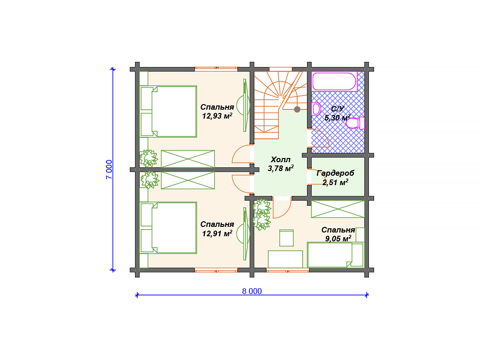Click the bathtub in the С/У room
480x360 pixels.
[335, 82]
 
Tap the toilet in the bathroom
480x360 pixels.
[355, 123]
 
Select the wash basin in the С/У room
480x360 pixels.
[316, 109]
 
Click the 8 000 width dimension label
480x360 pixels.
[252, 291]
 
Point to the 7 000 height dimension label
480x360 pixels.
[109, 169]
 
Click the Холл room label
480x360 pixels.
[280, 159]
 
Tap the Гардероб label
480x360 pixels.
[335, 173]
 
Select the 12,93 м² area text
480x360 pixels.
[217, 116]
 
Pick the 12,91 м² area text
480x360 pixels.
[217, 233]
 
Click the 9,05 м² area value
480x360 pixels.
[338, 239]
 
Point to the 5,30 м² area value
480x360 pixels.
[337, 118]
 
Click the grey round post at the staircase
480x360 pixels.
[297, 109]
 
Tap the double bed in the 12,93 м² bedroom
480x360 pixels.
[168, 112]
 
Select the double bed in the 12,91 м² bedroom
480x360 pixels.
[168, 228]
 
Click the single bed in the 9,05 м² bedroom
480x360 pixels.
[336, 255]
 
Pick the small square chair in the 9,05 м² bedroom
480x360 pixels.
[286, 238]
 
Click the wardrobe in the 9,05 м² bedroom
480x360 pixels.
[338, 209]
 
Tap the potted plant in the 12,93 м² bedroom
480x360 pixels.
[149, 158]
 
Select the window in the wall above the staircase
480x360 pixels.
[281, 69]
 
